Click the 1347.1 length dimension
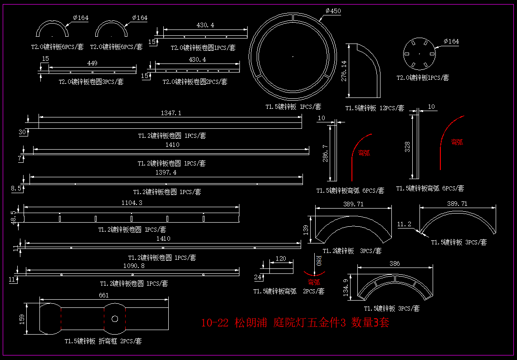click(x=171, y=113)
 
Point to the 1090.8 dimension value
click(x=134, y=266)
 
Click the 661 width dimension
click(x=104, y=295)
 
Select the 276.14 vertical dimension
click(x=343, y=71)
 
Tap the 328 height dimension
click(x=407, y=147)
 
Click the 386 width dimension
click(x=395, y=263)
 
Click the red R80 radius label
click(x=318, y=261)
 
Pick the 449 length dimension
click(x=92, y=63)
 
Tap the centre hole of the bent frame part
click(x=115, y=318)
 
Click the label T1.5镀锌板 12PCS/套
click(x=375, y=108)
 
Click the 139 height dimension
click(x=306, y=230)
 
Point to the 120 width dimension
click(x=281, y=258)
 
